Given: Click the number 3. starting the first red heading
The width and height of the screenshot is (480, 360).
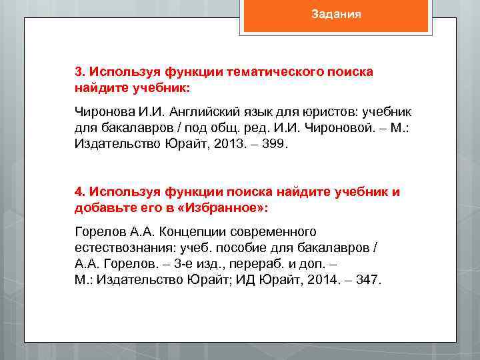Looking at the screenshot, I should [80, 71].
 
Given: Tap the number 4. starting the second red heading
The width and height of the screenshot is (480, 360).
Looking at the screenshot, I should [80, 192].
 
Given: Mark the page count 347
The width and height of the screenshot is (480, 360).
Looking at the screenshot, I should [368, 280].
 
